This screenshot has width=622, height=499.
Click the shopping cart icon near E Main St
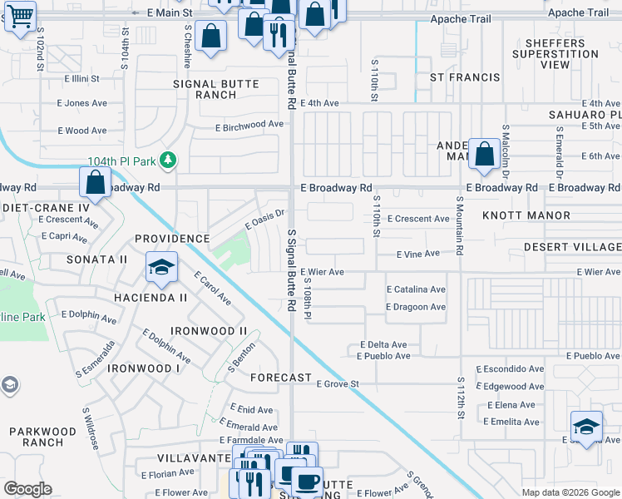[x=19, y=14]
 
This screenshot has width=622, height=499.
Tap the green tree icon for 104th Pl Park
[x=169, y=159]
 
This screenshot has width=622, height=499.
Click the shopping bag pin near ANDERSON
[x=484, y=153]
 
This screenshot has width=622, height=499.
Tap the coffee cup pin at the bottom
[x=307, y=480]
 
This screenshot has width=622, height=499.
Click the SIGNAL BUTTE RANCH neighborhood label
[x=216, y=90]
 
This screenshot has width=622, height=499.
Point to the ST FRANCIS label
[x=465, y=77]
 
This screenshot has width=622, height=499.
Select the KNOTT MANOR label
[x=536, y=215]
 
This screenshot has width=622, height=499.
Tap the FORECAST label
[x=280, y=378]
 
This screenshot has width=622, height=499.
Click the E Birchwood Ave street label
[x=249, y=126]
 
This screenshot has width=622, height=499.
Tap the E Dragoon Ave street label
[x=416, y=307]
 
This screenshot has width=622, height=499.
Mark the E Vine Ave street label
[x=417, y=254]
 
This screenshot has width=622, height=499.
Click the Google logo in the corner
[x=28, y=489]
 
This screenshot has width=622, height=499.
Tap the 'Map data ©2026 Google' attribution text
[x=570, y=492]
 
